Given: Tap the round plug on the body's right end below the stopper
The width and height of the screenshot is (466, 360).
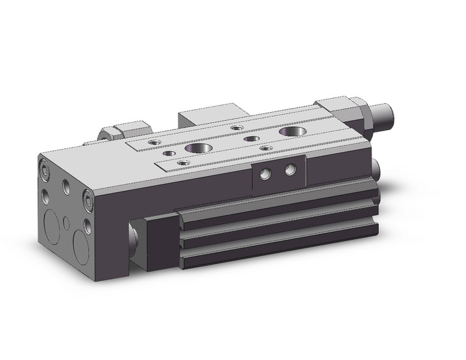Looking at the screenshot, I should [x=376, y=167].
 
